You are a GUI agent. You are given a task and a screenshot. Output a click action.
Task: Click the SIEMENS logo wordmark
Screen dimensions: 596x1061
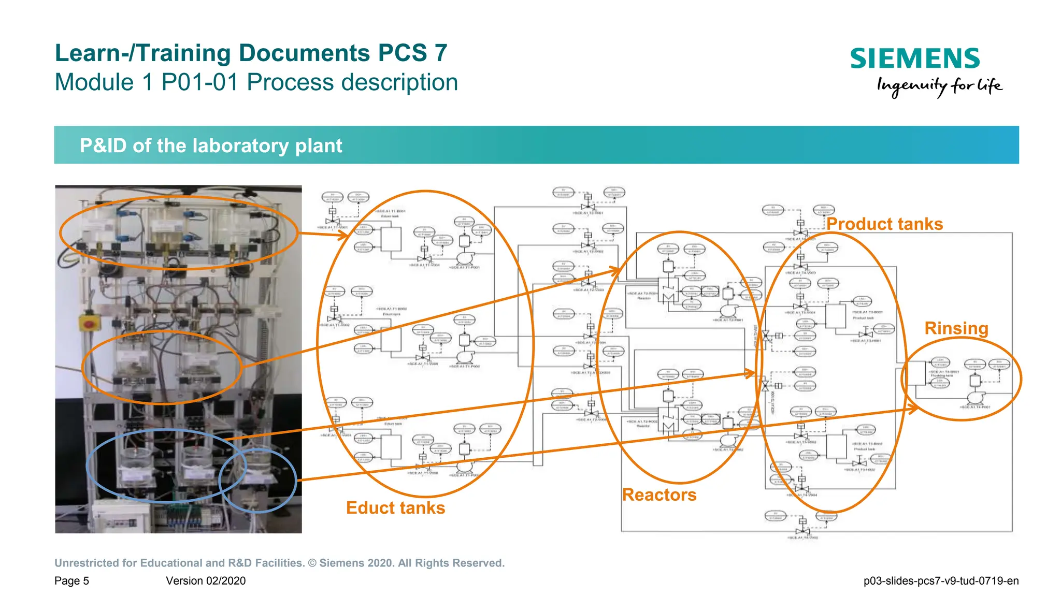(915, 59)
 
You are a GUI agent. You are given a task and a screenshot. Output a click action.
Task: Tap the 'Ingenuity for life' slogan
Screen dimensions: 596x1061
(939, 86)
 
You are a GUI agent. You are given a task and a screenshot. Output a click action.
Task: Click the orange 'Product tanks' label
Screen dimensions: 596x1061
(884, 224)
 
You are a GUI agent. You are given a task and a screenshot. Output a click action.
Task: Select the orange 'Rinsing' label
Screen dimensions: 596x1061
(956, 328)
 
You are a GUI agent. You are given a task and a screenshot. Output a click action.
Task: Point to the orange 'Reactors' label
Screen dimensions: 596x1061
(659, 495)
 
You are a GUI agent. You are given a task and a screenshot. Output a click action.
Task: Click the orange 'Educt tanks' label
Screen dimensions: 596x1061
(395, 507)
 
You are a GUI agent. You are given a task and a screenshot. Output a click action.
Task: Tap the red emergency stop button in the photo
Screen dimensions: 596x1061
(90, 323)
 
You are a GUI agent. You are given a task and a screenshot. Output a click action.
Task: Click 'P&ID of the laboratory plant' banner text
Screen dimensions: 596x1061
(211, 146)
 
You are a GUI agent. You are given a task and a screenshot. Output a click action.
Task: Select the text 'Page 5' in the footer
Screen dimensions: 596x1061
(71, 580)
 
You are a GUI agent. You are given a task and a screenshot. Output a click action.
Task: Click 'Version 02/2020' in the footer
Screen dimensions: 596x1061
(206, 580)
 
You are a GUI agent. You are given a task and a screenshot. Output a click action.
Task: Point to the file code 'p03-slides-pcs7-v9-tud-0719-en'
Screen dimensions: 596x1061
(941, 580)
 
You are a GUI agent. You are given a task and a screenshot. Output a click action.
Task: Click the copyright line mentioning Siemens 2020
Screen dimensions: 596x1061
(279, 563)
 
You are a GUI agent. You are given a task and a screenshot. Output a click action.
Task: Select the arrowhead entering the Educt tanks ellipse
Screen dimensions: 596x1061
(343, 236)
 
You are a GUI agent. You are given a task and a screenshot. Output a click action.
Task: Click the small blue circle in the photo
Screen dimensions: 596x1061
(257, 480)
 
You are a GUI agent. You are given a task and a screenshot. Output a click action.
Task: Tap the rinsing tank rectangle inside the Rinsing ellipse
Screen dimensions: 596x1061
(917, 373)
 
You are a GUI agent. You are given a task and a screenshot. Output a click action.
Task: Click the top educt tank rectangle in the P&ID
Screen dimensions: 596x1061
(391, 239)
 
